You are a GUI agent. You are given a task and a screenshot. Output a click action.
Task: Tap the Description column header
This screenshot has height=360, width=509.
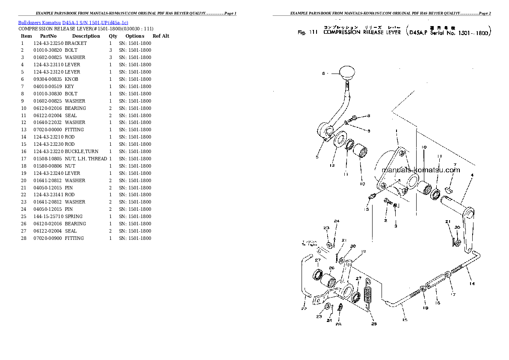coord(86,36)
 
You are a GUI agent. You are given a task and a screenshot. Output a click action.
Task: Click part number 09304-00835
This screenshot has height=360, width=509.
coord(48,79)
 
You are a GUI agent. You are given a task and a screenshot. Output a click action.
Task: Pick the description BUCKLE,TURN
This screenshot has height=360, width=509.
coord(82,151)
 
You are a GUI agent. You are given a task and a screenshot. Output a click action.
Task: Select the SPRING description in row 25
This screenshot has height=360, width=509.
coord(74,216)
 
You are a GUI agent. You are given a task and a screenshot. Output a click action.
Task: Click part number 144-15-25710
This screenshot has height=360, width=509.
coord(48,216)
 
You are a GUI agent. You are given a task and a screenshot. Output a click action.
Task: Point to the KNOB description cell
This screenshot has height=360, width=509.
coord(72,79)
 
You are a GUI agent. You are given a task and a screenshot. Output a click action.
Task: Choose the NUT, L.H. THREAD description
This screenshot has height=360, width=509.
coord(86,159)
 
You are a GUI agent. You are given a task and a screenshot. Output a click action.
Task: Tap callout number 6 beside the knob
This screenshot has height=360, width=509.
coord(324,74)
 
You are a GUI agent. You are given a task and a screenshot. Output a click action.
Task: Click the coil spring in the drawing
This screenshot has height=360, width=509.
coord(367,295)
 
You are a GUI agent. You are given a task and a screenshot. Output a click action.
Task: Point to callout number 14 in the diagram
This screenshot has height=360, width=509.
coord(471,283)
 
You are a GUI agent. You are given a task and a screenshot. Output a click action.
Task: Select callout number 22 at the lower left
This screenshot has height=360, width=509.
coord(303,309)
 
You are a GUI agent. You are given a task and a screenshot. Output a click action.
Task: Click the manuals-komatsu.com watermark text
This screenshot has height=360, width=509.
coord(420,170)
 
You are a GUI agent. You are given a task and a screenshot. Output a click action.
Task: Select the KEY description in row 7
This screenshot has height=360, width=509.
coord(69,86)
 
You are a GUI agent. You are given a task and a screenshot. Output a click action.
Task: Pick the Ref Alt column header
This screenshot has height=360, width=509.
coord(161,36)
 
